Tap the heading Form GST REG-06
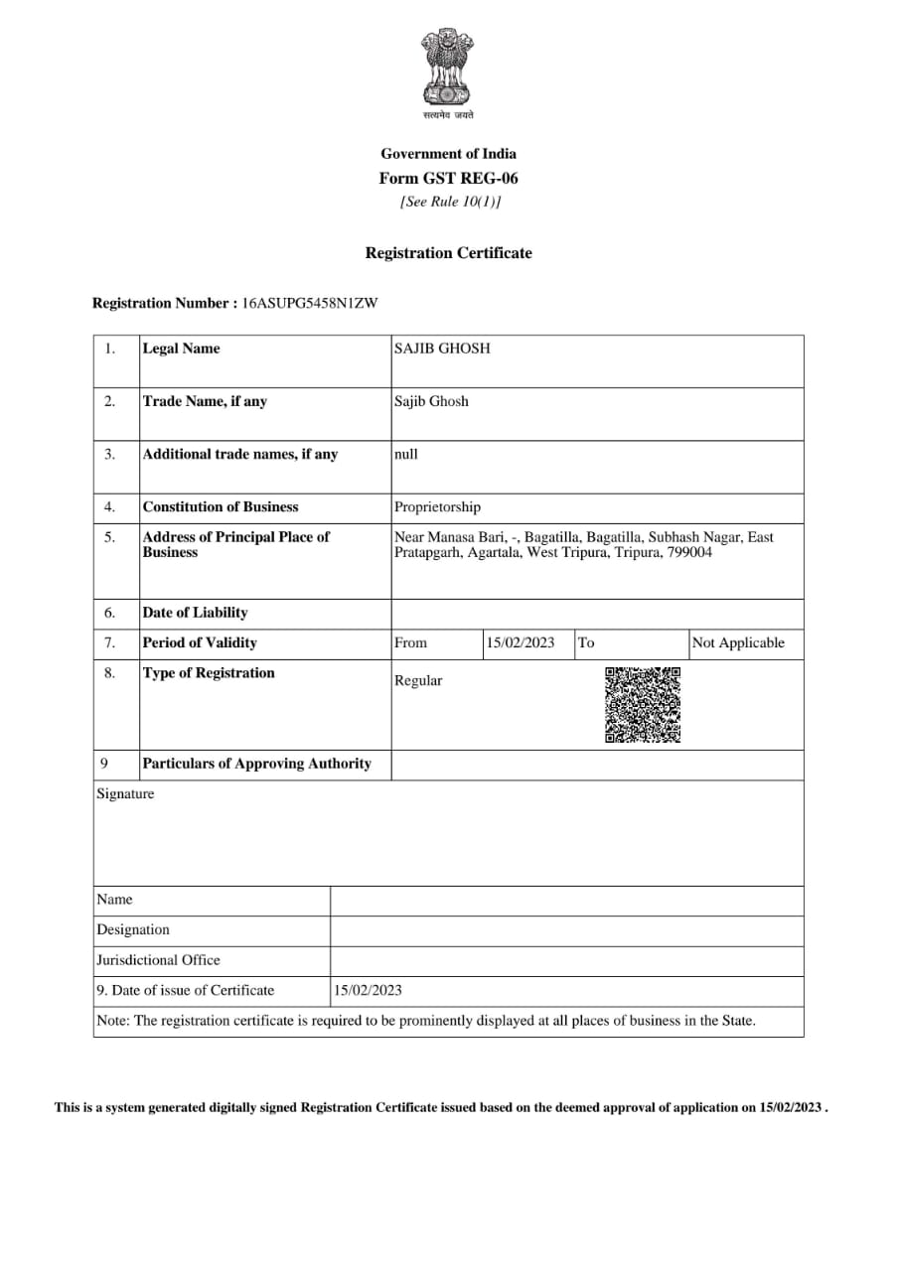tap(448, 179)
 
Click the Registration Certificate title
tap(448, 253)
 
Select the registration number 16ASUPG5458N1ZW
tap(310, 303)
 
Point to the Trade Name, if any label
tap(205, 401)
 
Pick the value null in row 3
tap(406, 454)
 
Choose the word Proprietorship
tap(437, 507)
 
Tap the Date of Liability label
tap(195, 613)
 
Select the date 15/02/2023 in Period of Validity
tap(521, 642)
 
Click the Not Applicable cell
tap(738, 642)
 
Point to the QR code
tap(643, 705)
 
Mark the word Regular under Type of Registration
tap(418, 681)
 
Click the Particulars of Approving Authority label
tap(256, 764)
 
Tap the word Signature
tap(125, 793)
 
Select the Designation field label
tap(133, 929)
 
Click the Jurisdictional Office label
tap(158, 960)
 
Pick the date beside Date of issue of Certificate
tap(369, 990)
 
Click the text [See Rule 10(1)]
tap(450, 202)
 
